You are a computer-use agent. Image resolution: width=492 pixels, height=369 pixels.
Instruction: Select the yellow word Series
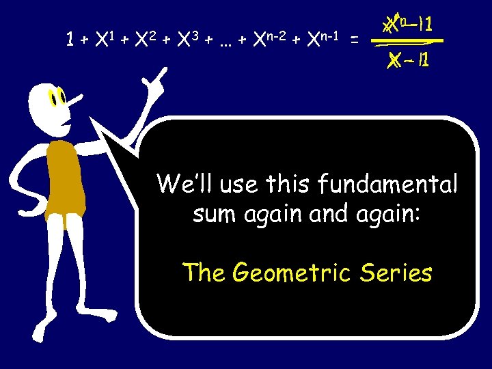[x=398, y=273]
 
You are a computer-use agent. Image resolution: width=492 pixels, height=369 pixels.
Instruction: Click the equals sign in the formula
[x=353, y=41]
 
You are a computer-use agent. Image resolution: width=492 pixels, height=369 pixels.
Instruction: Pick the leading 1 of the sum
[x=70, y=40]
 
